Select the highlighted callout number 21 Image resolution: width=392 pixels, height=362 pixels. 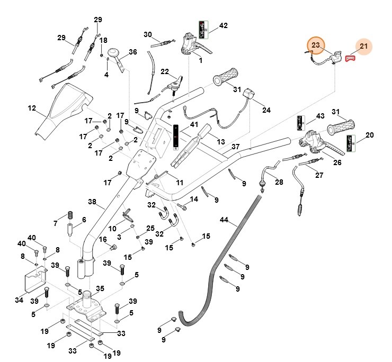(363, 47)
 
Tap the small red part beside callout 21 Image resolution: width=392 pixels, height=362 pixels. (350, 58)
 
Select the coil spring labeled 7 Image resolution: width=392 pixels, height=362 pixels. (70, 216)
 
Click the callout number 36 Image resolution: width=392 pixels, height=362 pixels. (132, 52)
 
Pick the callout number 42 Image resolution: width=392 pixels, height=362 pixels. (223, 25)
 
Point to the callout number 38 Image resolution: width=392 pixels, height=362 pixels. (92, 202)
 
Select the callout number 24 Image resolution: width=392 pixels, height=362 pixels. (266, 110)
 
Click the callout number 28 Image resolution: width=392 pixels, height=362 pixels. (279, 182)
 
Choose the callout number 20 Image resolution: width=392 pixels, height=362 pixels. (369, 135)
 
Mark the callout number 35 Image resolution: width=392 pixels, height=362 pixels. (100, 288)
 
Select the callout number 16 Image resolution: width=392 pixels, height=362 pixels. (104, 240)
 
